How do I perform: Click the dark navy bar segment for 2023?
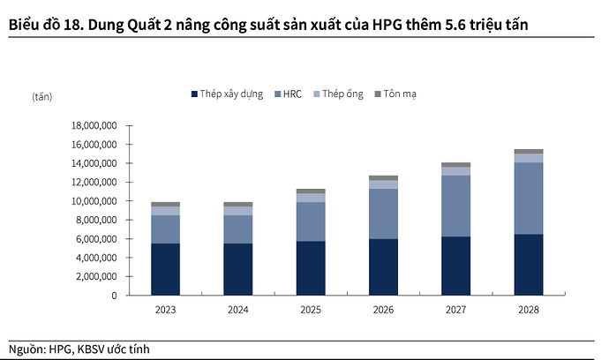click(165, 269)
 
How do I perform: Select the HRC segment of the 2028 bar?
click(528, 198)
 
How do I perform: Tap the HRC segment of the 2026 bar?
click(383, 214)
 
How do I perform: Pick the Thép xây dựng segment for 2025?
click(310, 268)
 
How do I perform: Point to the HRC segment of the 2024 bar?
click(237, 229)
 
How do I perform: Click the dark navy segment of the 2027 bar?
click(455, 266)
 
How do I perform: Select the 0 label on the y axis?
click(115, 296)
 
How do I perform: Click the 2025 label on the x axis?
click(310, 310)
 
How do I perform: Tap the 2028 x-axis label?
click(528, 310)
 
